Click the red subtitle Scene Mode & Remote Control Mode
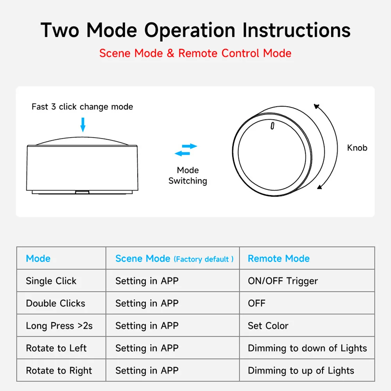tap(195, 53)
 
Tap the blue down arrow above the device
tap(83, 124)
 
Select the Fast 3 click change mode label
tap(82, 107)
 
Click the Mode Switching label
tap(188, 176)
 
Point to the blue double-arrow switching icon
tap(186, 150)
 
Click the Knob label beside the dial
tap(357, 148)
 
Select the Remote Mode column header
tap(278, 258)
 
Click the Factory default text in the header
tap(204, 259)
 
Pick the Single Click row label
tap(51, 281)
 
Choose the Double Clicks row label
tap(56, 303)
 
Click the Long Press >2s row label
tap(59, 326)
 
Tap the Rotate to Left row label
tap(56, 348)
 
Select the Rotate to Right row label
tap(59, 371)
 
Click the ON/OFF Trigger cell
tap(283, 281)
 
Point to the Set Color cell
tap(268, 326)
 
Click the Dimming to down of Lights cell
tap(307, 348)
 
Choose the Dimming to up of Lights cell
tap(301, 371)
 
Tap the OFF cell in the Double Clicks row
tap(256, 303)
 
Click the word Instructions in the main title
tap(296, 30)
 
